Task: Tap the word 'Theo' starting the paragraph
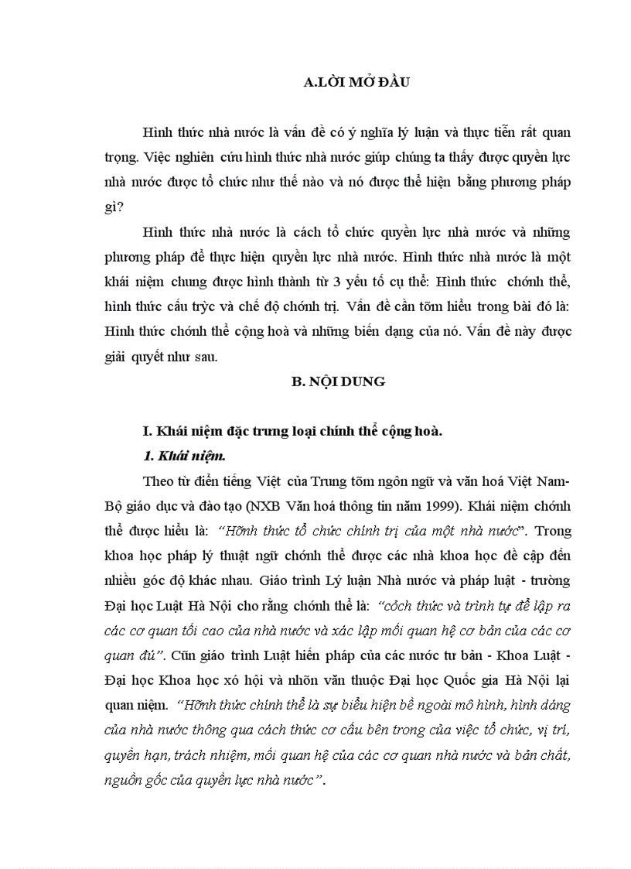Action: coord(158,481)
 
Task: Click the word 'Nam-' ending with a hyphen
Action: coord(554,481)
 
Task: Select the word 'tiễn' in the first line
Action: coord(495,132)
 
